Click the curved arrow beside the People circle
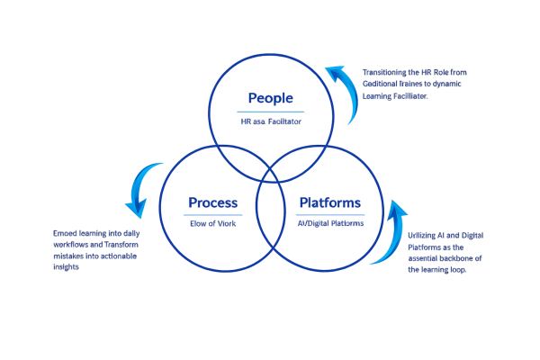pos(344,94)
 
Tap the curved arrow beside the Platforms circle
pos(389,235)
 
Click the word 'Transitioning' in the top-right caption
pos(382,72)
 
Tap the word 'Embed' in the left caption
pos(65,233)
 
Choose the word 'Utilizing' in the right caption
pos(423,235)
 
